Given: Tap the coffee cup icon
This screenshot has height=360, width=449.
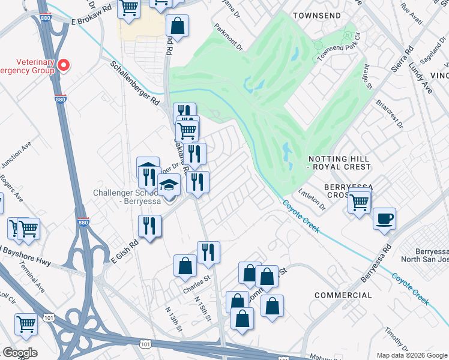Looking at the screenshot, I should tap(384, 218).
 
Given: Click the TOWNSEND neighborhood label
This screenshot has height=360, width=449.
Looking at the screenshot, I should tap(317, 15).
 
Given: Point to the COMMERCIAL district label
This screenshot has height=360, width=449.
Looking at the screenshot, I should tap(343, 295).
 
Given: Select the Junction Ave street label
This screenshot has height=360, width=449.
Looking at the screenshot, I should tap(16, 157).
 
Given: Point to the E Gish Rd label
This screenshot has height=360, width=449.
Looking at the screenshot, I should tap(125, 252).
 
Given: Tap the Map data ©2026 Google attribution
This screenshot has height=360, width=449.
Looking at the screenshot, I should tap(412, 355).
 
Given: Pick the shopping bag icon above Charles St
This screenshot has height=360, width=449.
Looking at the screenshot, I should tap(185, 266).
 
